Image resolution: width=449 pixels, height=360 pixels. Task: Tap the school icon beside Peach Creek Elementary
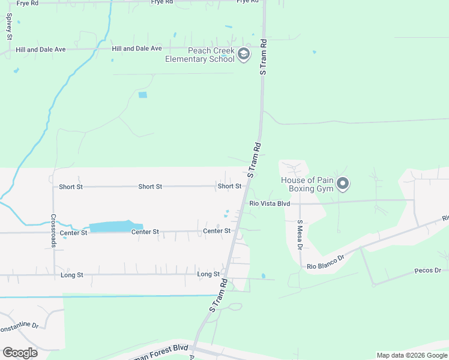[x=243, y=55]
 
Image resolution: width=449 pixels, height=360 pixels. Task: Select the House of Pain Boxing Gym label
[x=307, y=184]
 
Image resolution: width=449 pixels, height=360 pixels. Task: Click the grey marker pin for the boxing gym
[x=343, y=184]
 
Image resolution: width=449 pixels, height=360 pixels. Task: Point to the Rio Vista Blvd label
[x=270, y=204]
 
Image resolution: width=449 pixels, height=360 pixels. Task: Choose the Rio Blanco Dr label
[x=325, y=262]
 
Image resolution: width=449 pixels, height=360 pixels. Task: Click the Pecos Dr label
[x=427, y=271]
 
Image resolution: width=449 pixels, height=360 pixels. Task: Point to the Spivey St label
[x=9, y=28]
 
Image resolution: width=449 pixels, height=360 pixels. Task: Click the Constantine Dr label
[x=18, y=327]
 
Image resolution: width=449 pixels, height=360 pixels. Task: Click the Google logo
[x=20, y=352]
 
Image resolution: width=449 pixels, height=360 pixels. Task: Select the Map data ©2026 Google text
[x=412, y=355]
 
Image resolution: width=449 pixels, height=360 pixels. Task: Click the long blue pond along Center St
[x=111, y=226]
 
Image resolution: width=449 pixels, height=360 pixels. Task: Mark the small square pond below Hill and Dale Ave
[x=142, y=95]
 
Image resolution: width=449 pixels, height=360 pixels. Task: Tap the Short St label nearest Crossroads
[x=71, y=187]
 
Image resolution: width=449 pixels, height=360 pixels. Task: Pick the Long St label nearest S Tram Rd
[x=208, y=274]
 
